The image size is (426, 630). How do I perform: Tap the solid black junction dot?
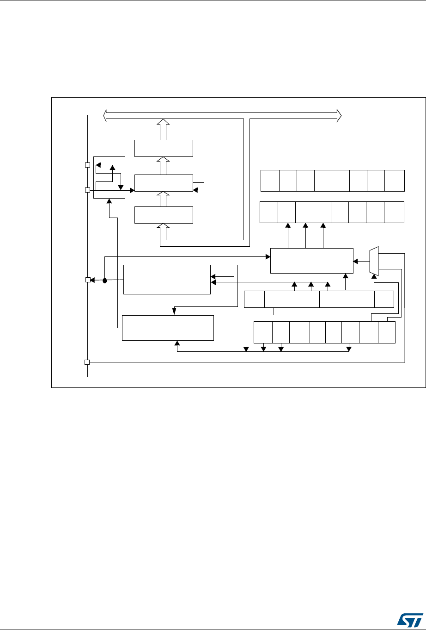(x=105, y=280)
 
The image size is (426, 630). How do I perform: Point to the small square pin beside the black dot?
(x=87, y=280)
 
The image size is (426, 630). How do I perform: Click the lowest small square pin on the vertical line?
(x=87, y=362)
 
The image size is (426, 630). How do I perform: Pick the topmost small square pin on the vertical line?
(x=87, y=165)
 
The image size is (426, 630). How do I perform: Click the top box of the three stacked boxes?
(x=163, y=148)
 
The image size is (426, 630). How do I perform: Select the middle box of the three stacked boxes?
(x=163, y=183)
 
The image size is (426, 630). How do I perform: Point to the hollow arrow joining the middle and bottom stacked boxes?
(x=163, y=199)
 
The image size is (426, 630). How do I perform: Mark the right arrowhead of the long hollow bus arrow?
(x=339, y=115)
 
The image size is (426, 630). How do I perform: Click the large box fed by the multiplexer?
(x=311, y=261)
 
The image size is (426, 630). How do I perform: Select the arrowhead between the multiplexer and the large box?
(x=355, y=261)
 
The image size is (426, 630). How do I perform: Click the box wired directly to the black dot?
(x=166, y=280)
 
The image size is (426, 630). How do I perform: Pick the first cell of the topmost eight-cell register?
(x=270, y=181)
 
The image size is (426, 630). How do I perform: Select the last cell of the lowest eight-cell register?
(x=387, y=332)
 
